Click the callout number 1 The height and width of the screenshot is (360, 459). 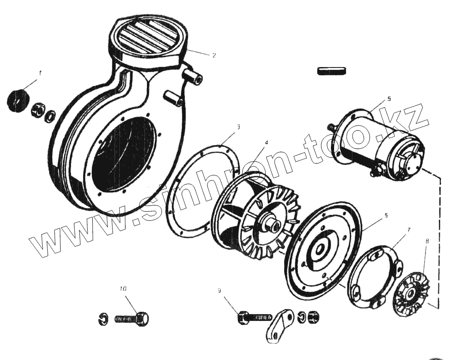[40, 73]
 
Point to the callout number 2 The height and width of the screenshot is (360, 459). [214, 55]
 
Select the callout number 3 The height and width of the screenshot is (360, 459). [238, 126]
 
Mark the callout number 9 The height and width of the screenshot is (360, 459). [219, 291]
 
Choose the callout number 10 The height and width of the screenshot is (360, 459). [123, 289]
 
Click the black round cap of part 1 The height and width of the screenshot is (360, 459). [18, 99]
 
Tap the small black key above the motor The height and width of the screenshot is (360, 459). [331, 70]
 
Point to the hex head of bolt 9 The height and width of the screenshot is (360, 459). [243, 317]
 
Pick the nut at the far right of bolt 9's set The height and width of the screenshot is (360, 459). [314, 316]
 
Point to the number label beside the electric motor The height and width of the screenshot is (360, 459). [389, 99]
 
